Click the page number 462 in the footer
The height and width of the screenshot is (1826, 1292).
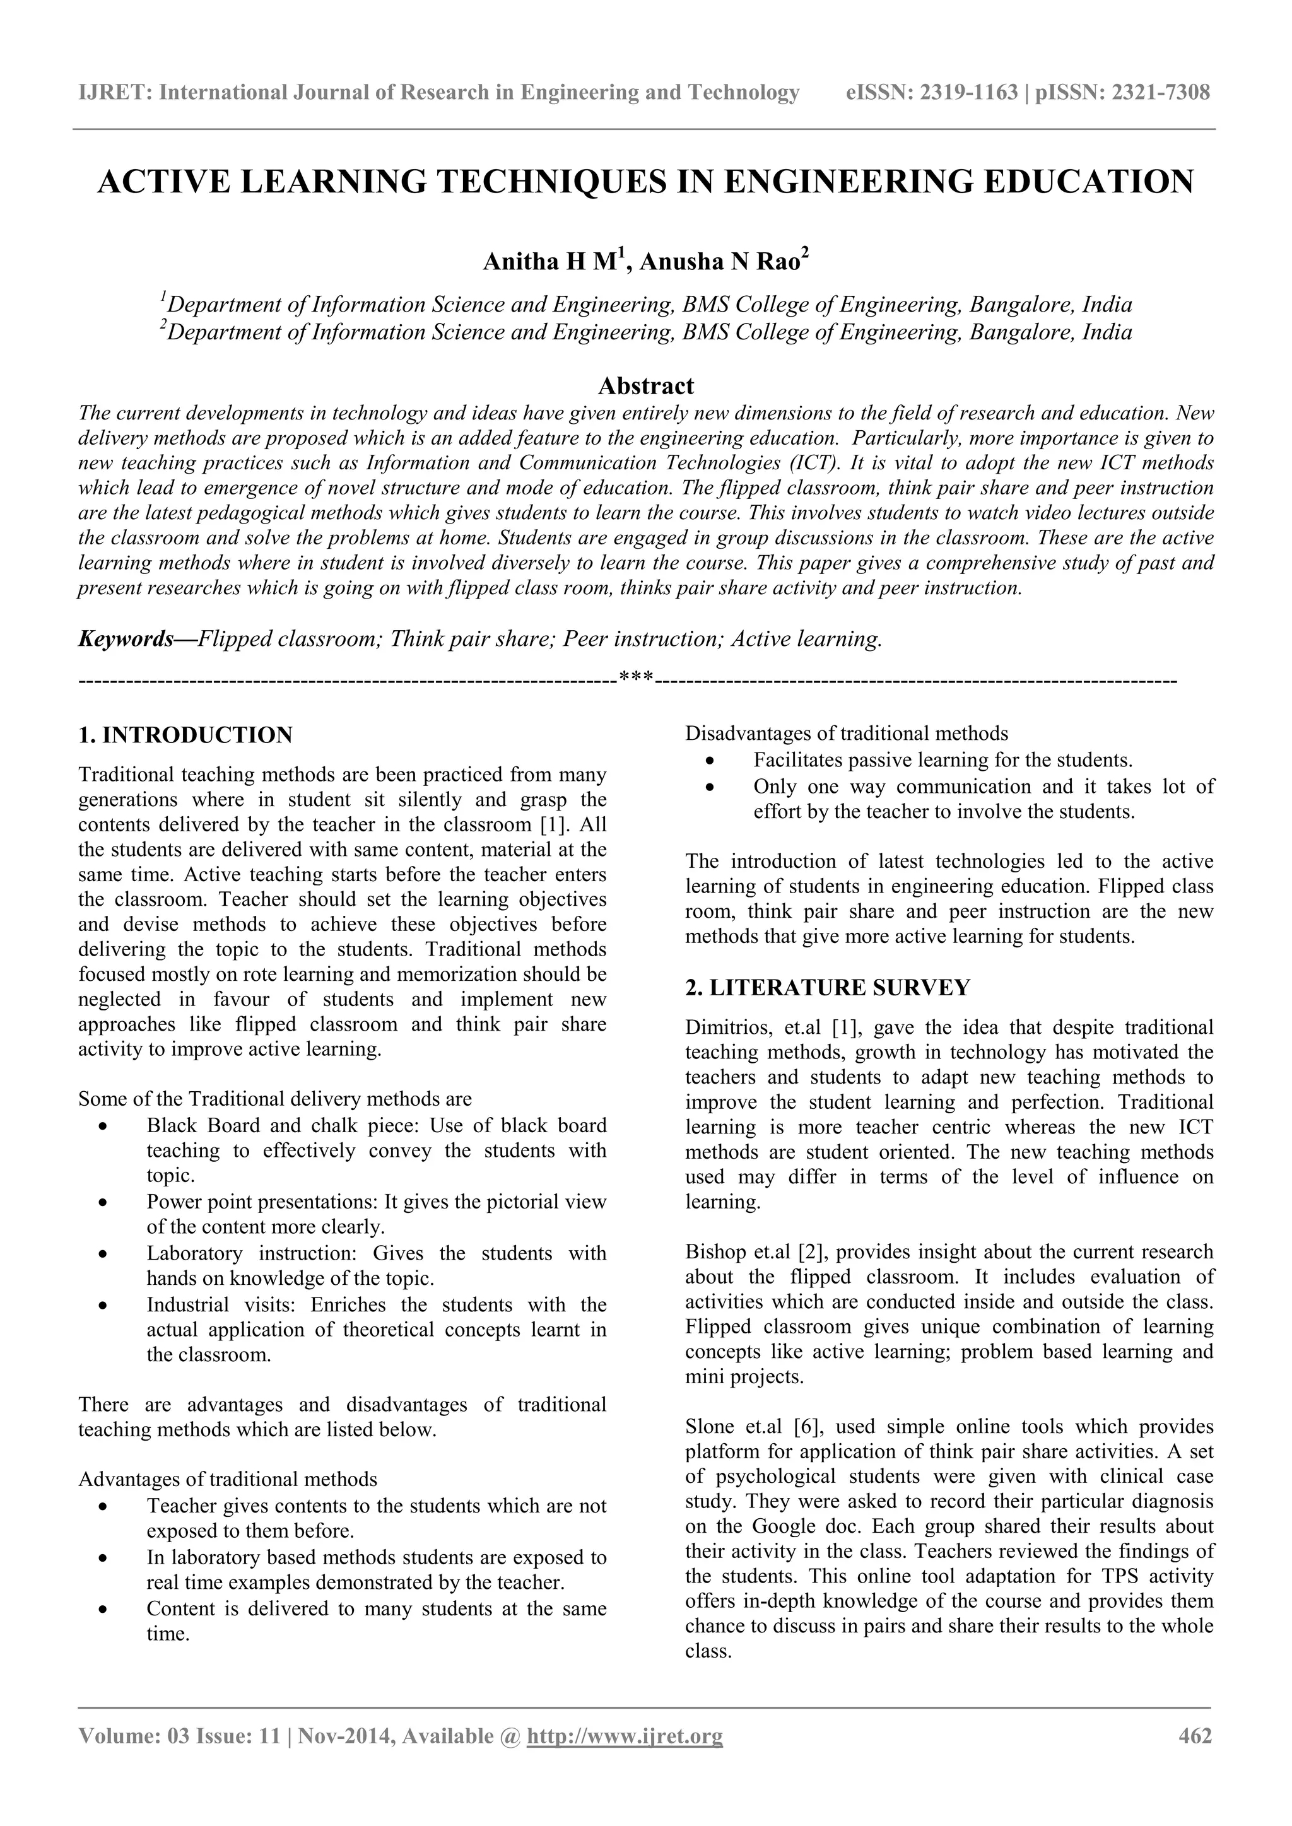[1195, 1735]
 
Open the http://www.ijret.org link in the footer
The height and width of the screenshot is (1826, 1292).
[625, 1735]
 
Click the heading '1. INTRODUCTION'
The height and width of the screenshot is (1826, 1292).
[185, 735]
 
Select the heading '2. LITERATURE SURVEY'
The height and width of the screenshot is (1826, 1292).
[828, 988]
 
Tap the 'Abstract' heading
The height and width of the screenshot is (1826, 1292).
[645, 387]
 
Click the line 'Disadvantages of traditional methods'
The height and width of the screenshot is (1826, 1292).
[847, 734]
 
